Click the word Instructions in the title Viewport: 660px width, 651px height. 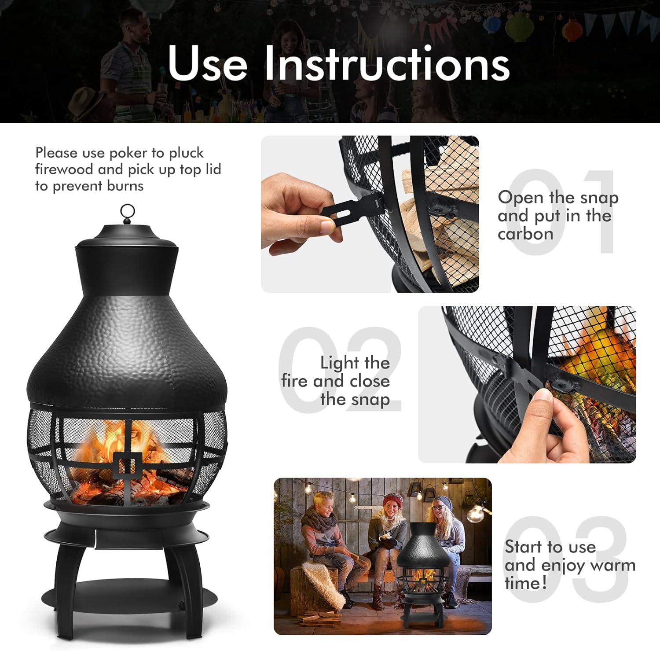[387, 64]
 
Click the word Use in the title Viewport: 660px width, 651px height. [207, 64]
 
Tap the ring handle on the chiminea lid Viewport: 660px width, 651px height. [127, 212]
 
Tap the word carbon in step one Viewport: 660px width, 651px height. [525, 234]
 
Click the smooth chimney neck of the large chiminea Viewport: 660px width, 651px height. [127, 268]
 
